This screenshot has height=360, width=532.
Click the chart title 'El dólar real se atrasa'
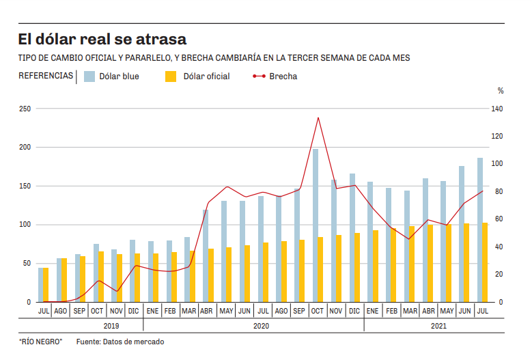point(102,39)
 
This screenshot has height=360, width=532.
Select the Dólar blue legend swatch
point(89,77)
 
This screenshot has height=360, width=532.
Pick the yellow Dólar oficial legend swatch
point(171,77)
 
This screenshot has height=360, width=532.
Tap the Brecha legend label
point(283,77)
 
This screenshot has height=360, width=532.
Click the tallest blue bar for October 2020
point(316,225)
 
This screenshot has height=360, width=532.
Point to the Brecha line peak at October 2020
point(318,117)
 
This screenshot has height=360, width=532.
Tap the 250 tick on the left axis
point(25,109)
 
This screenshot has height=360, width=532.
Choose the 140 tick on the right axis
point(497,109)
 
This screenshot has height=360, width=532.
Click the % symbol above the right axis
point(500,90)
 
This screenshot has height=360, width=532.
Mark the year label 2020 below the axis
point(261,326)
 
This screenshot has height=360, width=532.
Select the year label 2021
point(439,326)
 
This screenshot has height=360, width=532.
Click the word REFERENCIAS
point(46,76)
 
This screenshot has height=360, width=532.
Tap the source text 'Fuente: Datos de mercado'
point(120,342)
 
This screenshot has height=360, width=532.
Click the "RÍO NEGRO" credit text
point(40,342)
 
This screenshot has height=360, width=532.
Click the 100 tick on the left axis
point(25,225)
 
